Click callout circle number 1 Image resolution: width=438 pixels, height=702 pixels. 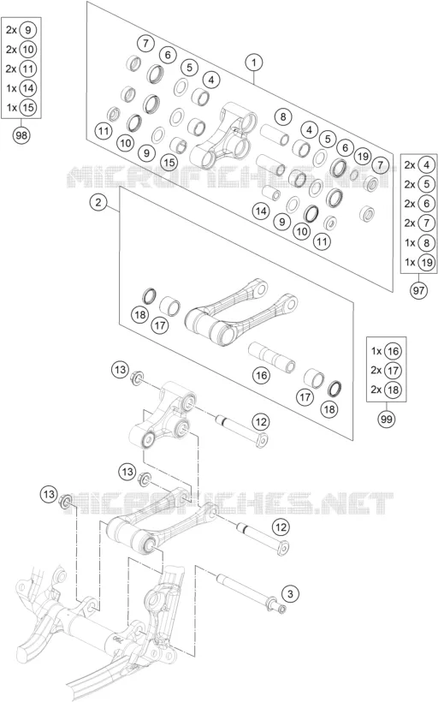254,62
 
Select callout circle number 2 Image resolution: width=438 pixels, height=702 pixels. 98,202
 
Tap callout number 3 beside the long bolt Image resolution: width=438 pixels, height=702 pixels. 290,594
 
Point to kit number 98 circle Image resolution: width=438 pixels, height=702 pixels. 21,135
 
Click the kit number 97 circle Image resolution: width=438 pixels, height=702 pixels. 419,290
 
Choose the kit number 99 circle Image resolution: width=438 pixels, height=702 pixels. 386,419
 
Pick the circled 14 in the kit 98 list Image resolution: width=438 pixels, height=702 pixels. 27,88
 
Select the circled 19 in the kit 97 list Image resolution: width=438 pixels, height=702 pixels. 426,262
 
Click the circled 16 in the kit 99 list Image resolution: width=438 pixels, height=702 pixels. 393,351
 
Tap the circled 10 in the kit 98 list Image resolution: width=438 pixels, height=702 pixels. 27,50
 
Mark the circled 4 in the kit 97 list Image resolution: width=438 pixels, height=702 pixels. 426,165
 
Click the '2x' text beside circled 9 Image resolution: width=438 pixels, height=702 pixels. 11,30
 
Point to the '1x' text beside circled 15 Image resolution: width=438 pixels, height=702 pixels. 11,108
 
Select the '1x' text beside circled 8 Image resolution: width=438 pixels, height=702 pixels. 410,242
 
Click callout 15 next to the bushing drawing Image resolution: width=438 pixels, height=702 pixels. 169,162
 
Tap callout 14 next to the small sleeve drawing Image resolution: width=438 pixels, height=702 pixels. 261,211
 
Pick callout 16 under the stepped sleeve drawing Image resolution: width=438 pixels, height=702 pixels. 262,375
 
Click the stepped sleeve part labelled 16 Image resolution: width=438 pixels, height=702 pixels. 271,357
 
